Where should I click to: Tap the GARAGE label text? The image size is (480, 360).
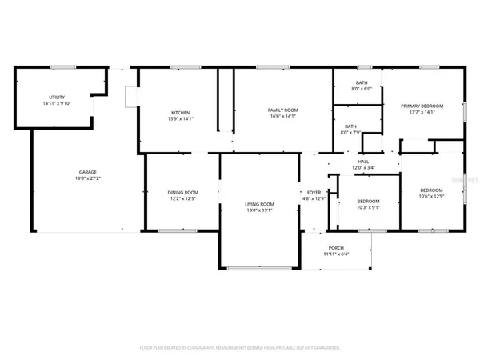pos(87,173)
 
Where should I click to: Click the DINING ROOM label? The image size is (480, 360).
pos(182,192)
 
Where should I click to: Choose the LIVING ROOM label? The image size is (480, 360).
pos(259,204)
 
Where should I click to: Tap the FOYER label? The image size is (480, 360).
pos(315,192)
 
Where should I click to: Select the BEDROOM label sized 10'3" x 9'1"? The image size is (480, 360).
pos(368,201)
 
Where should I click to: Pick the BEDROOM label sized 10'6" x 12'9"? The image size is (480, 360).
pos(431,190)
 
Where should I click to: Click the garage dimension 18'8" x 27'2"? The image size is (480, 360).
pos(87,179)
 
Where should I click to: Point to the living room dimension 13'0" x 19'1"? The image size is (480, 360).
pos(259,210)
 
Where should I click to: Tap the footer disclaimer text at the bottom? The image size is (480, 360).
pos(240,348)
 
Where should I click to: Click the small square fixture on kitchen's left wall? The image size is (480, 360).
pos(131,96)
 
